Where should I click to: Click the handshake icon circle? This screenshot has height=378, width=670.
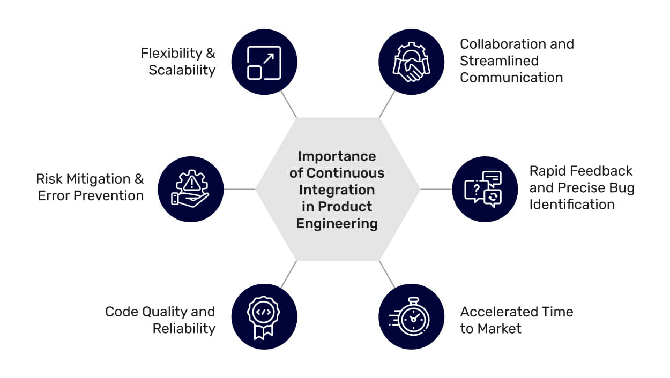411,62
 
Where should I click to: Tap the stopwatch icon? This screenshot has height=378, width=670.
411,316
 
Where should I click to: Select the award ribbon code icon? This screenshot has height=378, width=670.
264,316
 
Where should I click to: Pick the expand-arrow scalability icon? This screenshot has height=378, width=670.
264,62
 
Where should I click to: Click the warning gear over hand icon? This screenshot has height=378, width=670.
190,189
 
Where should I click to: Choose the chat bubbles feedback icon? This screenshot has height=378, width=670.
485,189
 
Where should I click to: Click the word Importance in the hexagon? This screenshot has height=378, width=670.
337,156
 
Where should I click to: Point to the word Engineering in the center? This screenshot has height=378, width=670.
337,223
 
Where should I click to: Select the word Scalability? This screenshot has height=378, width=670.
182,70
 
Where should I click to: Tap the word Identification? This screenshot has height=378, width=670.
572,204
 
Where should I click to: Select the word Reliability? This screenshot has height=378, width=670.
184,328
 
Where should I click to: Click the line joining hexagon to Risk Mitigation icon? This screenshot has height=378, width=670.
239,189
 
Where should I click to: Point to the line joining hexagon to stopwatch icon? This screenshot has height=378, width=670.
387,274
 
